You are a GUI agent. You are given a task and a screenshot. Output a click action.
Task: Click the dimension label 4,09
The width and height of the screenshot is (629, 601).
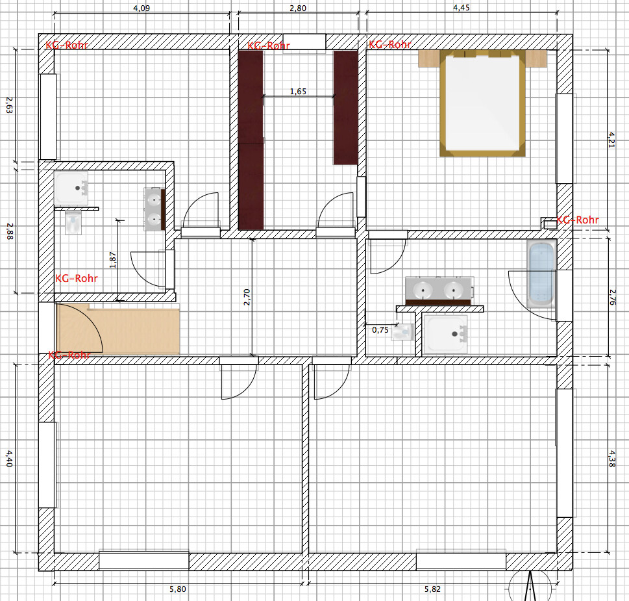(x=142, y=8)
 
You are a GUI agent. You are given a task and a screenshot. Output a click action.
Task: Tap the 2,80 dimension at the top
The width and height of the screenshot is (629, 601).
(x=298, y=8)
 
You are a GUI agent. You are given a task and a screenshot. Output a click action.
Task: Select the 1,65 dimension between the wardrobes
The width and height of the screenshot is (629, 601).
(x=298, y=92)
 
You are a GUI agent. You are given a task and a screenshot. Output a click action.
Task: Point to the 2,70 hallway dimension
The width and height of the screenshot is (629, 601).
(x=247, y=297)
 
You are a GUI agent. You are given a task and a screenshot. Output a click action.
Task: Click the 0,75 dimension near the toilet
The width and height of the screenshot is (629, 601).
(x=380, y=330)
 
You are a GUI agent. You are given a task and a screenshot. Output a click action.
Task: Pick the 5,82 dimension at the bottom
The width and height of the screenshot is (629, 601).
(x=432, y=589)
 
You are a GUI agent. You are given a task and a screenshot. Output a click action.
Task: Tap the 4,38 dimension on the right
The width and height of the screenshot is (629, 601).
(x=611, y=459)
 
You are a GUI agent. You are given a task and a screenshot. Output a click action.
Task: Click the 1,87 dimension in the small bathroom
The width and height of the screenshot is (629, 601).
(x=113, y=260)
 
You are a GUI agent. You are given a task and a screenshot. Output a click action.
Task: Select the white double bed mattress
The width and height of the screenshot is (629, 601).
(x=482, y=103)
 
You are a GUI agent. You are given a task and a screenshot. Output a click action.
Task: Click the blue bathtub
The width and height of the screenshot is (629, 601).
(x=541, y=274)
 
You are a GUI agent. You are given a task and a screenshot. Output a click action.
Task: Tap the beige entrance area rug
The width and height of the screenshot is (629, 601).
(x=118, y=329)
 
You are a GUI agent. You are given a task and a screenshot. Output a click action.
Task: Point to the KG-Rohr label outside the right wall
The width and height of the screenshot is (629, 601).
(x=578, y=220)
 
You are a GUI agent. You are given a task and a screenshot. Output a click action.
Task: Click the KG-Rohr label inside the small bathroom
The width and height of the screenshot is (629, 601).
(x=77, y=278)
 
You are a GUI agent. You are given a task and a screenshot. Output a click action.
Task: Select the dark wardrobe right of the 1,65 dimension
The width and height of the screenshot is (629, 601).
(x=345, y=108)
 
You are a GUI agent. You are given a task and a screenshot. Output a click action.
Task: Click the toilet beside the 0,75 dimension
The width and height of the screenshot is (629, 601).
(x=402, y=331)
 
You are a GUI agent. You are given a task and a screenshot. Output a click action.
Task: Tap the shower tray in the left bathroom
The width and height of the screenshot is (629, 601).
(x=71, y=188)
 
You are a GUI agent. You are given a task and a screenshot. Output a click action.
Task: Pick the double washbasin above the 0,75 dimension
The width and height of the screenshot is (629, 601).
(x=439, y=290)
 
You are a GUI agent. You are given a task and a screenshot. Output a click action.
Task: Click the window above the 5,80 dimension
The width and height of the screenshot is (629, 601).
(x=144, y=561)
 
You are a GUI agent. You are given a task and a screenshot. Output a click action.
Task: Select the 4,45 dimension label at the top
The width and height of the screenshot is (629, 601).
(x=462, y=8)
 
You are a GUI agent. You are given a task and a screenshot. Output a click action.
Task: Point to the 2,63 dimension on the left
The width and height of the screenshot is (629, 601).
(x=9, y=105)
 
